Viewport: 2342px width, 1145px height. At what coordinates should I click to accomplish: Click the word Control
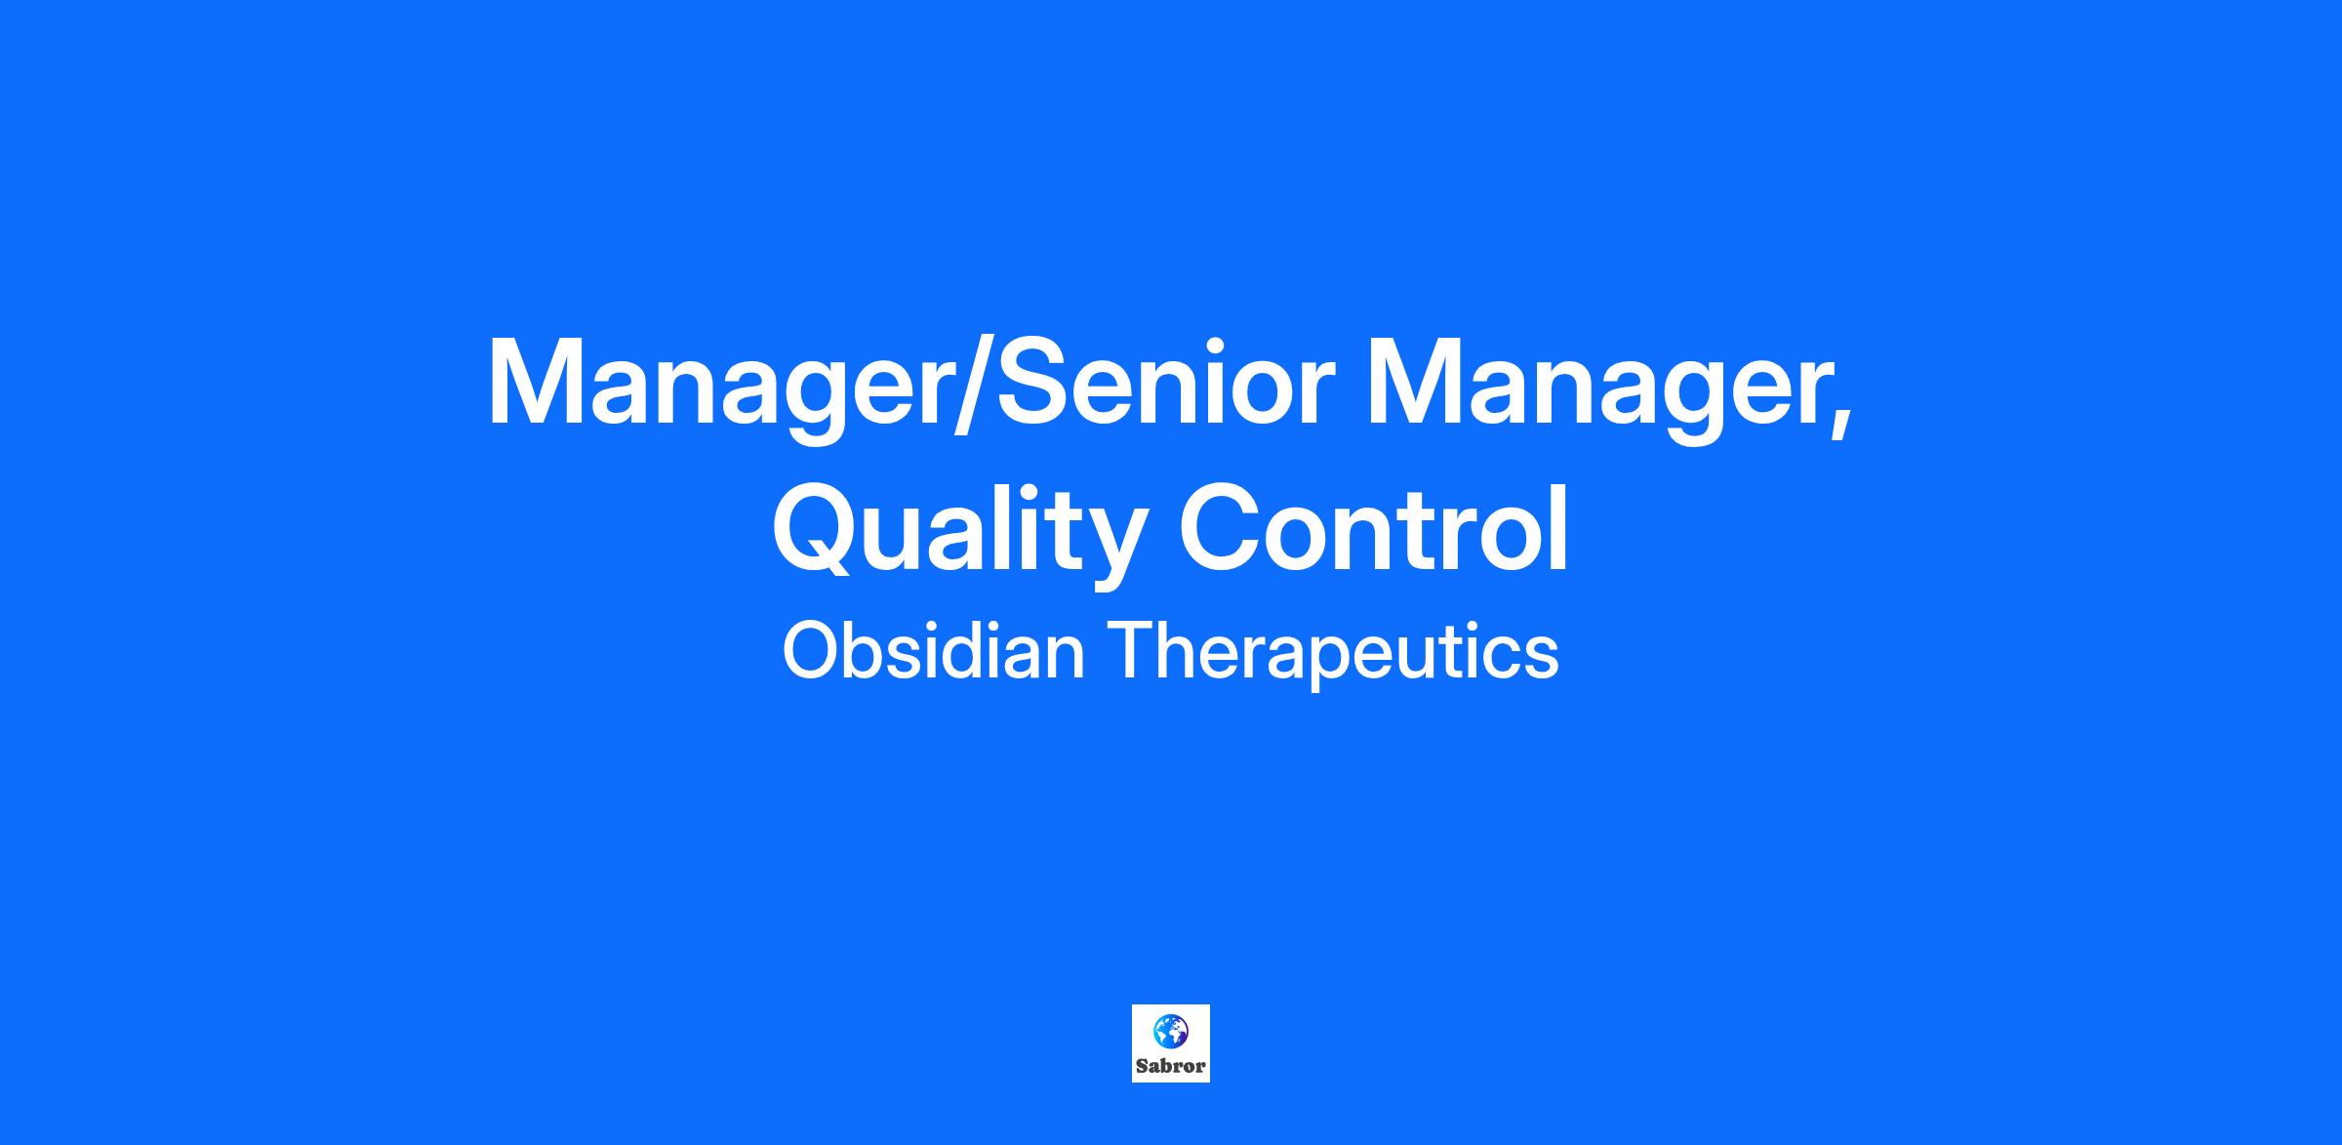(1375, 527)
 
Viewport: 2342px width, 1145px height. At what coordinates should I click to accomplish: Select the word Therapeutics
(1332, 655)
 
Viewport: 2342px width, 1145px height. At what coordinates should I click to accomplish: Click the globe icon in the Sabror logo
(1171, 1029)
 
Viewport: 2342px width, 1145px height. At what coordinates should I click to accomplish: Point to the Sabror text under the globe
(1171, 1066)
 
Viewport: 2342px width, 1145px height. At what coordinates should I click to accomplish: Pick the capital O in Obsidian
(809, 651)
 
